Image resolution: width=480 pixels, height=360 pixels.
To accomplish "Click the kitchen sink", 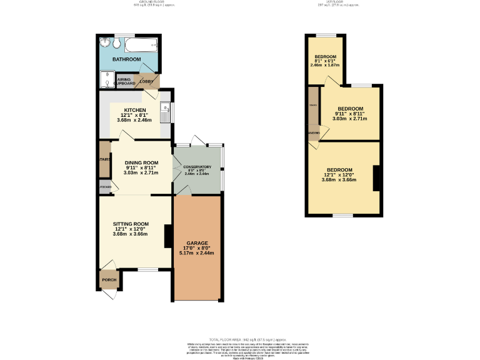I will pos(165,112).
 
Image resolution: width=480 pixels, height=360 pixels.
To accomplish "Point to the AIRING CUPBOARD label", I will pos(126,81).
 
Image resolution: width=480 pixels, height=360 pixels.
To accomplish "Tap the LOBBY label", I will pos(147,81).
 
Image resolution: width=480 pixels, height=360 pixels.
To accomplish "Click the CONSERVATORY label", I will pos(197,166).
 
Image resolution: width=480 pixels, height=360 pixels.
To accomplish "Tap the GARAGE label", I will pos(197,242).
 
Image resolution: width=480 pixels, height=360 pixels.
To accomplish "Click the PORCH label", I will pos(109,280).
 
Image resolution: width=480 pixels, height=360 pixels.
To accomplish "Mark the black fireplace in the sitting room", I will pos(167,236).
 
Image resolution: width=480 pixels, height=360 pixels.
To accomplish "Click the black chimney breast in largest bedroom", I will pos(376,178).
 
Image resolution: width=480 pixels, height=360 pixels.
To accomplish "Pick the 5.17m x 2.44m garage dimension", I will pos(197,253).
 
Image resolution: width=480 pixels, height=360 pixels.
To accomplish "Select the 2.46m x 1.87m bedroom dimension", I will pos(325,65).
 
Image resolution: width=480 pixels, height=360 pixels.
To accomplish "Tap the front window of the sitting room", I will pos(147,270).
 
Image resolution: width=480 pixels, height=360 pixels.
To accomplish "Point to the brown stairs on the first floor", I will pos(312,106).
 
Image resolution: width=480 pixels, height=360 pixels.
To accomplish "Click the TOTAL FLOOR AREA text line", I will pos(240,338).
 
